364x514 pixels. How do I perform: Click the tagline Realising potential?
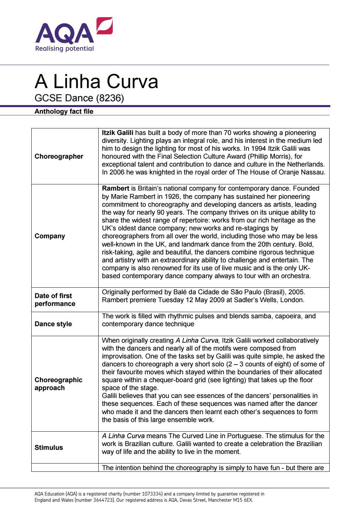pos(64,48)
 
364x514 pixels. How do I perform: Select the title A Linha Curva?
pos(96,81)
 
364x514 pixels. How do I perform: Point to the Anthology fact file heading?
pos(64,111)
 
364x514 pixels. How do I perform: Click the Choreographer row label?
pos(59,156)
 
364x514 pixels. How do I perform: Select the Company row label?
pos(50,236)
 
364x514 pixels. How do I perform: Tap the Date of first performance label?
pos(55,299)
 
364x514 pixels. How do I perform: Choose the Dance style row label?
pos(53,324)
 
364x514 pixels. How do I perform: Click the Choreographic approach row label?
pos(58,384)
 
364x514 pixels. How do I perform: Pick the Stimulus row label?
pos(49,447)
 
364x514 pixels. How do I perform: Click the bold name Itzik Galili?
pos(118,133)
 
